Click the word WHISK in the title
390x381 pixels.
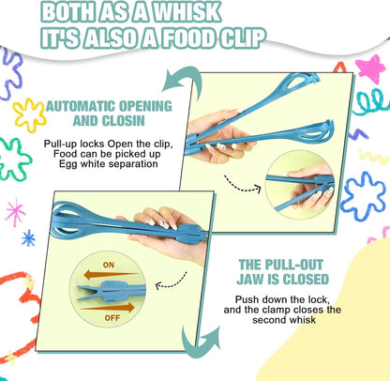pos(187,12)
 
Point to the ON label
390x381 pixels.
pos(109,265)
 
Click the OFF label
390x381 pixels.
pos(112,318)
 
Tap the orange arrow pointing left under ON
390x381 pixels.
pos(110,275)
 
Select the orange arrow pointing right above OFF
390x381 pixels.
pos(108,308)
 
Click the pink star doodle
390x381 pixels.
pos(370,69)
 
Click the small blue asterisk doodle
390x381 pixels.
pos(28,238)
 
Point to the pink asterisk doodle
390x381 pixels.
pos(15,212)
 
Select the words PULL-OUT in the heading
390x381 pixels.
pos(293,265)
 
